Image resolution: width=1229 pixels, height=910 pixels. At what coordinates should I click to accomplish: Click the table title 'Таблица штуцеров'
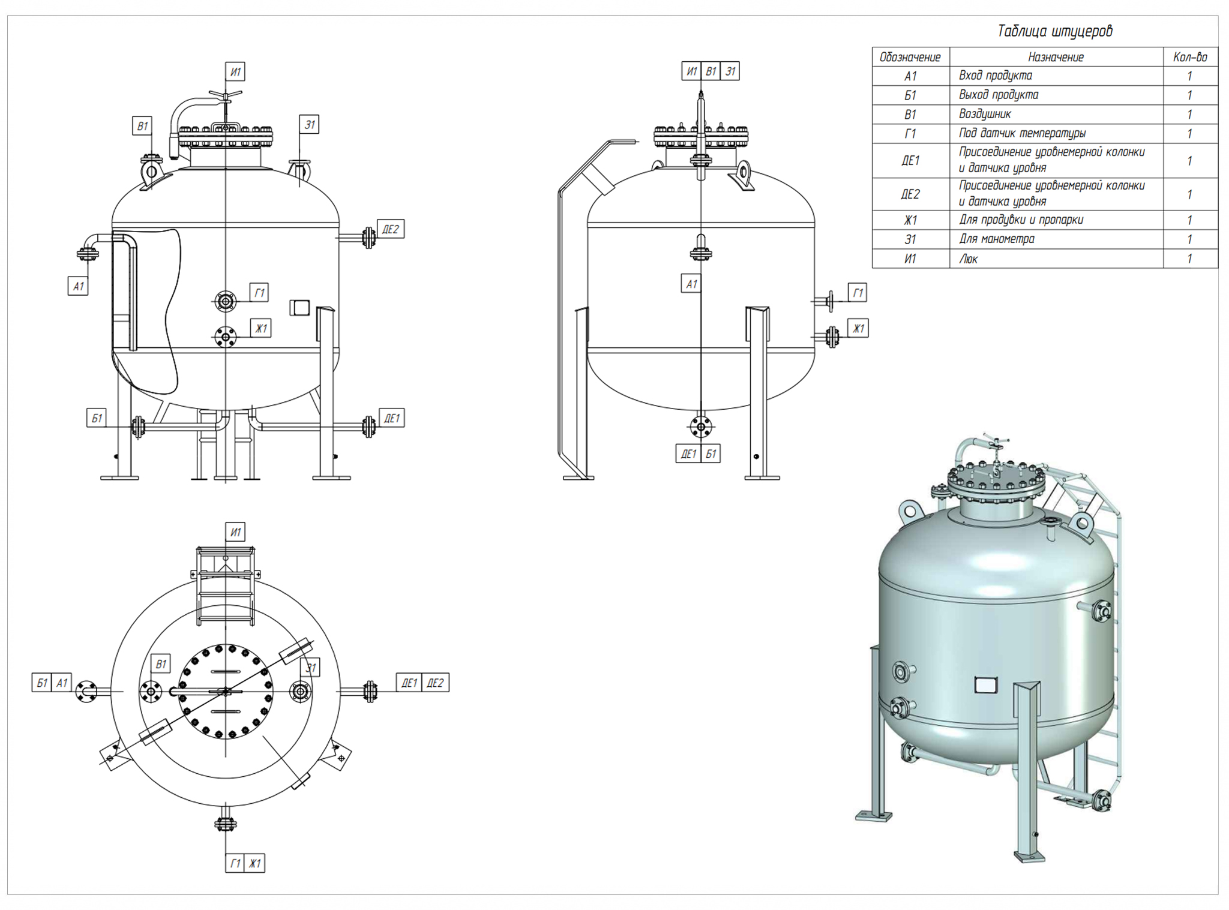[x=1054, y=31]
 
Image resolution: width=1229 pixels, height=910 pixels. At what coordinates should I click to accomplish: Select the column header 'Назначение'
[x=1056, y=57]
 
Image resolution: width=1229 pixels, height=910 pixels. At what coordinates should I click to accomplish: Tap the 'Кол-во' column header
[x=1189, y=57]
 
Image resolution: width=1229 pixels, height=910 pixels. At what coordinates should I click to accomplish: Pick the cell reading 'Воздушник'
[x=985, y=114]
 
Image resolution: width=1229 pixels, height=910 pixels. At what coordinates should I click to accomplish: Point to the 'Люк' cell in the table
[x=968, y=259]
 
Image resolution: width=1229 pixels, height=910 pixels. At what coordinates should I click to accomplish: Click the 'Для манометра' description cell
[x=996, y=239]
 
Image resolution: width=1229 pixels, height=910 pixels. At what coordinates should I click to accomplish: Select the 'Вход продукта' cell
[x=995, y=76]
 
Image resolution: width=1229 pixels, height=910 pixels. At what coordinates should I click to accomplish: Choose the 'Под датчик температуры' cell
[x=1022, y=133]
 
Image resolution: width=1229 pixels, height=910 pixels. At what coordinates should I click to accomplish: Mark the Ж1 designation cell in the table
[x=910, y=220]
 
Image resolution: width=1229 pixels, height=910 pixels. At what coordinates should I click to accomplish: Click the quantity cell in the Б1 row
[x=1189, y=95]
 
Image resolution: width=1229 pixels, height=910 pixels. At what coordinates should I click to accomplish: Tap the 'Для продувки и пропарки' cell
[x=1021, y=220]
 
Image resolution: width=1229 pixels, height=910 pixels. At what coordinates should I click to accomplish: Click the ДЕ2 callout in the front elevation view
[x=391, y=229]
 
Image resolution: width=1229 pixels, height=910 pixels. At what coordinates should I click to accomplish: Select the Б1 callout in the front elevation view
[x=97, y=418]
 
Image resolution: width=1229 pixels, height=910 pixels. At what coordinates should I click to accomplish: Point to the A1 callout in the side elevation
[x=691, y=284]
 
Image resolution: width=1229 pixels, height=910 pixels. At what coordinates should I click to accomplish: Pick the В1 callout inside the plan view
[x=161, y=664]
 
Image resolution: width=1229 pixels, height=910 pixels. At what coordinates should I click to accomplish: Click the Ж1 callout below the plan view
[x=255, y=863]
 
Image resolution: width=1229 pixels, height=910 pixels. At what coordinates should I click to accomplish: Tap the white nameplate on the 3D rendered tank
[x=985, y=684]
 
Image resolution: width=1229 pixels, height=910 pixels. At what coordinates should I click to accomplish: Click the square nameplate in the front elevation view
[x=299, y=308]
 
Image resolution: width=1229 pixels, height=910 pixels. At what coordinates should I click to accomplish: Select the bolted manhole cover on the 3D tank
[x=994, y=482]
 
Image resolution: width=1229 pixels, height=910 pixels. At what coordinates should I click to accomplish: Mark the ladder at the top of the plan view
[x=225, y=585]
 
